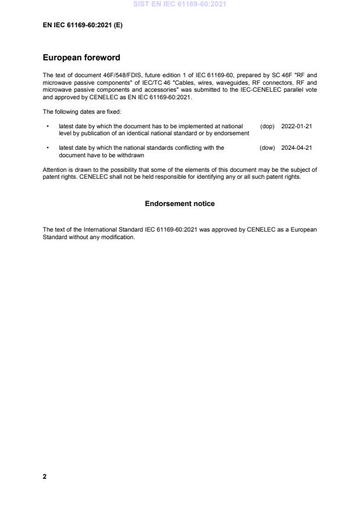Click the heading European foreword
(81, 58)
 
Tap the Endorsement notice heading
(179, 204)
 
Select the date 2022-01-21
(296, 126)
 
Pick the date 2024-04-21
(296, 147)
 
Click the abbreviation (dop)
(267, 126)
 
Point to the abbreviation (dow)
(267, 147)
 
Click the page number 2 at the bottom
(45, 476)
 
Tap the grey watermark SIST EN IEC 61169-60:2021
(179, 4)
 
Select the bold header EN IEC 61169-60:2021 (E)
(82, 26)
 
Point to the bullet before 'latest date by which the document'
(47, 126)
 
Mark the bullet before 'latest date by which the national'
(47, 147)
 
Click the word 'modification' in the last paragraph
(119, 237)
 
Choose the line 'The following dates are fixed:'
(80, 111)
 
